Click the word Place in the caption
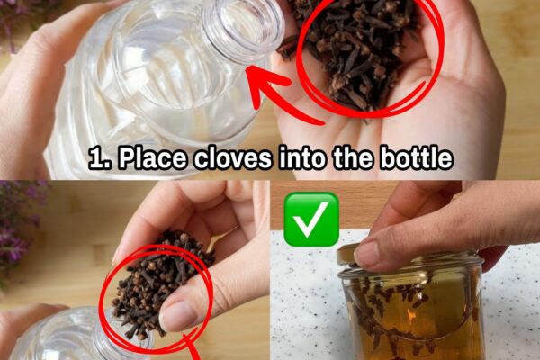click(152, 158)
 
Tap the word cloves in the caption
click(233, 158)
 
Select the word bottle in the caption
click(416, 158)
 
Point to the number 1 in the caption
click(99, 158)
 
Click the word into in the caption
click(302, 158)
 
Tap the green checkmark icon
click(311, 219)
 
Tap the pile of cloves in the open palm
click(358, 51)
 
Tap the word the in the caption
click(353, 158)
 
